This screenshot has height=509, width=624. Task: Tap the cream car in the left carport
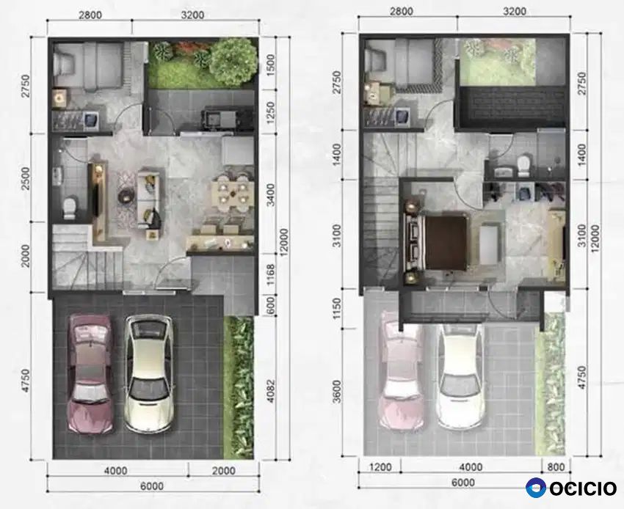coord(149,373)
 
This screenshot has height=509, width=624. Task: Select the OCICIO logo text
coord(584,488)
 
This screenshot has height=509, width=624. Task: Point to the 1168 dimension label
coord(270,275)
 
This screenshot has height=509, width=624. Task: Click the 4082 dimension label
coord(270,392)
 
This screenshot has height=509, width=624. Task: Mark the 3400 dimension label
coord(270,194)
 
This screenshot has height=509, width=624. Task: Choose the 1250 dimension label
coord(270,112)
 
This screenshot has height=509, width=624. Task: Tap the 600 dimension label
coord(270,305)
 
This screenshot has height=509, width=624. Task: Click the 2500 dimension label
coord(25,178)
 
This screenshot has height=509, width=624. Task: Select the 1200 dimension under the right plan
coord(380,467)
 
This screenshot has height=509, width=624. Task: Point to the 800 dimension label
coord(556,467)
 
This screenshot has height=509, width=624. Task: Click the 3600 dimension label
coord(337,392)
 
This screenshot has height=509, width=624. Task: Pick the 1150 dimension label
coord(337,310)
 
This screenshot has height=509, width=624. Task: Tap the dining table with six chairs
coord(232,191)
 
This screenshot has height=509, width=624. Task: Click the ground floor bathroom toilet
coord(70,207)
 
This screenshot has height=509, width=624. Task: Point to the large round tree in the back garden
coord(233,61)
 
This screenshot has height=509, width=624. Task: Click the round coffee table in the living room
coord(126,195)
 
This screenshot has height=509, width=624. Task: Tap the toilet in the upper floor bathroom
coord(523,166)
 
